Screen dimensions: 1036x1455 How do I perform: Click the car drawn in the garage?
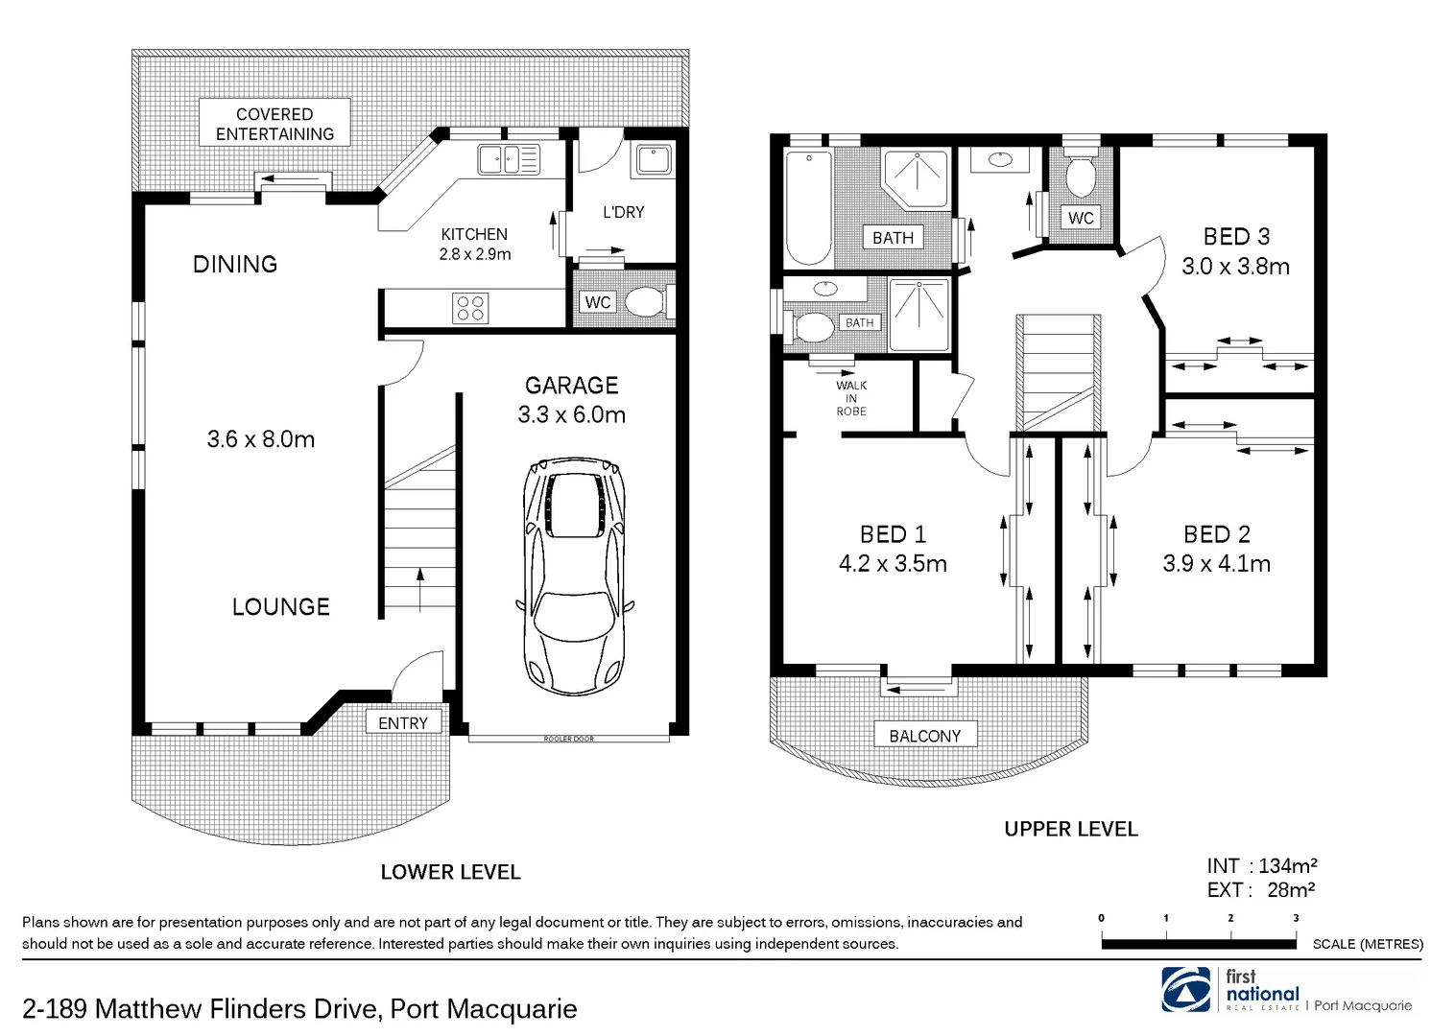(x=574, y=576)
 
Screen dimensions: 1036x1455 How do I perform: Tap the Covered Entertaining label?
(x=274, y=124)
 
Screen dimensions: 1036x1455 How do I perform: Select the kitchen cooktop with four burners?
(x=470, y=308)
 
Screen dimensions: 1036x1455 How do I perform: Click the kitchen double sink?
(x=509, y=158)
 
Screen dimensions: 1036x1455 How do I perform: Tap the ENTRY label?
(x=403, y=723)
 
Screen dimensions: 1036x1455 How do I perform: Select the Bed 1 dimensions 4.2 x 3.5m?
(x=893, y=564)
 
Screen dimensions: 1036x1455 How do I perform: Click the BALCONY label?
(x=924, y=736)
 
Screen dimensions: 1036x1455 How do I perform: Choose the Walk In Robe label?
(x=851, y=398)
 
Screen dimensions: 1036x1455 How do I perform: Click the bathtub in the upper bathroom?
(x=808, y=207)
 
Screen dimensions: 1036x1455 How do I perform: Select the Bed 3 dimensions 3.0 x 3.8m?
(x=1235, y=267)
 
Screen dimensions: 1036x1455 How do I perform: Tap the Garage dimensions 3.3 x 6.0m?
(x=571, y=414)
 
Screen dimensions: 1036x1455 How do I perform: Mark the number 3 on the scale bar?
(x=1296, y=918)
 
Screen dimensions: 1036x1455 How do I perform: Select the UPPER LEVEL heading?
(x=1070, y=829)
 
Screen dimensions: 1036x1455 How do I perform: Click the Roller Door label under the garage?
(x=568, y=739)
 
